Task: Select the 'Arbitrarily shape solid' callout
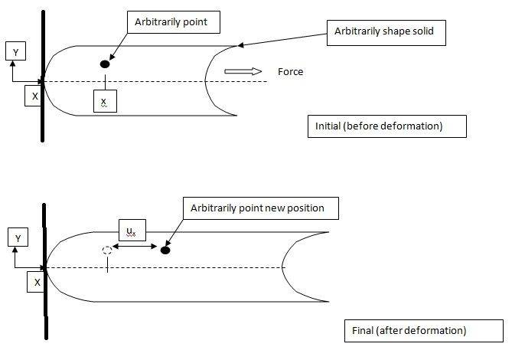click(390, 31)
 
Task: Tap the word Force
click(291, 72)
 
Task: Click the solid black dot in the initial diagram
click(105, 64)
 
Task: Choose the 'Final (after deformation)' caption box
click(423, 331)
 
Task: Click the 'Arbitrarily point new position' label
click(259, 208)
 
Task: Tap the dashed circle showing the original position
click(107, 250)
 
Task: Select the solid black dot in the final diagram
click(165, 250)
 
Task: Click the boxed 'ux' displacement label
click(132, 229)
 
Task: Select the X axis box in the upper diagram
click(34, 97)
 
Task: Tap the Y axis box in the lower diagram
click(17, 239)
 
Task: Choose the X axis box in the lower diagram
click(37, 282)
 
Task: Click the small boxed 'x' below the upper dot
click(104, 102)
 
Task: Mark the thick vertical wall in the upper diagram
click(43, 77)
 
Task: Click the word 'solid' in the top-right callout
click(432, 31)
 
